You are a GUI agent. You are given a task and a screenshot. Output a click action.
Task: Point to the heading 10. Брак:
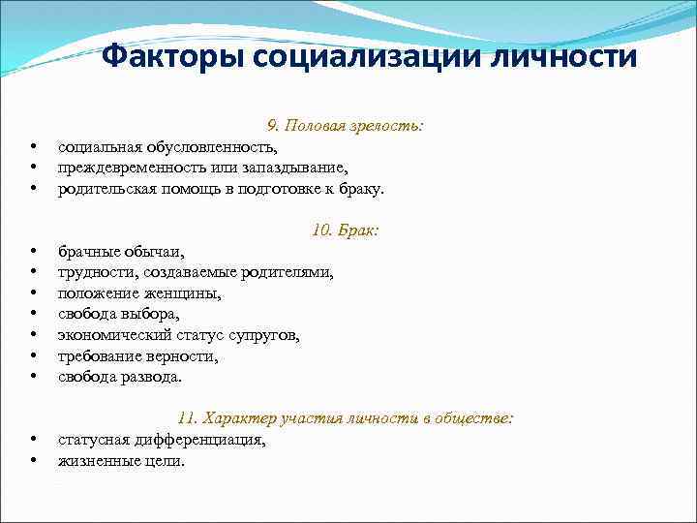click(x=345, y=231)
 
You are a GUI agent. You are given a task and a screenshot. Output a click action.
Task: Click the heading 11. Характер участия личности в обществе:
click(x=345, y=418)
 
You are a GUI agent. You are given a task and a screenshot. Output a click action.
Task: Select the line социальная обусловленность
click(x=167, y=147)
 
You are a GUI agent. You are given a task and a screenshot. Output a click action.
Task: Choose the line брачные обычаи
click(x=121, y=252)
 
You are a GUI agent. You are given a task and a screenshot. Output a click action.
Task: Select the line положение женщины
click(x=139, y=293)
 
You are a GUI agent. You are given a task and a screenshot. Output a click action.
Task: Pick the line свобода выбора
click(x=118, y=315)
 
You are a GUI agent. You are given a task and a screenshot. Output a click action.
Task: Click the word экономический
click(x=115, y=336)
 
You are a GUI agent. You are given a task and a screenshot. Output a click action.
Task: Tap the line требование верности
click(x=137, y=356)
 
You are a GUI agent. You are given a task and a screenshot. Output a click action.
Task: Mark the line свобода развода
click(x=119, y=378)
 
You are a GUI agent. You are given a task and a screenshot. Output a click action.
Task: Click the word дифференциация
click(x=201, y=440)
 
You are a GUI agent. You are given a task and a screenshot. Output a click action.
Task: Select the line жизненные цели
click(x=120, y=461)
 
